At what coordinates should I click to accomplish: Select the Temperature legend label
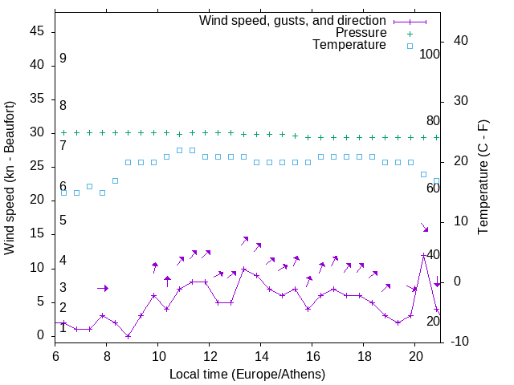click(349, 46)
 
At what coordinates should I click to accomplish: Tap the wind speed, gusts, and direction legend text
click(293, 20)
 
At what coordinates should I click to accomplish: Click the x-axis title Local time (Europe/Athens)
click(247, 375)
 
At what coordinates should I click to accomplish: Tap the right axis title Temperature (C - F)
click(483, 178)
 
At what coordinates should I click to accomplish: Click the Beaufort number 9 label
click(63, 59)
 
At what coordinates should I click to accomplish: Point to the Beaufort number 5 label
click(63, 221)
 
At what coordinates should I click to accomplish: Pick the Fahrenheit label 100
click(430, 55)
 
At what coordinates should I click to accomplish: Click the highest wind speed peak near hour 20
click(423, 255)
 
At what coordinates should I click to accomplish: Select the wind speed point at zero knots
click(128, 336)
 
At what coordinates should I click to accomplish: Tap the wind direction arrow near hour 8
click(102, 288)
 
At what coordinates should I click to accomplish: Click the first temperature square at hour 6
click(63, 192)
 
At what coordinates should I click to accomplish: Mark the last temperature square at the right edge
click(436, 180)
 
